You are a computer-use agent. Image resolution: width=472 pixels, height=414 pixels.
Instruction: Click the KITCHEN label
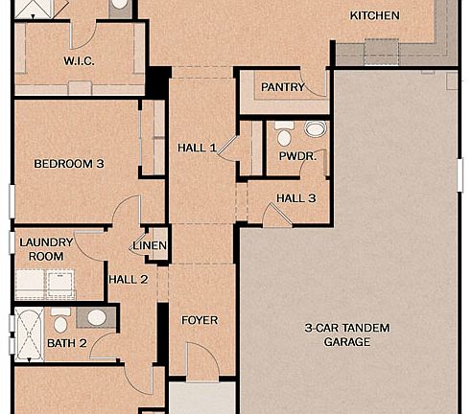pyautogui.click(x=374, y=15)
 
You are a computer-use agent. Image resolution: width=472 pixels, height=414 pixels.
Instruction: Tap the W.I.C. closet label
pyautogui.click(x=79, y=60)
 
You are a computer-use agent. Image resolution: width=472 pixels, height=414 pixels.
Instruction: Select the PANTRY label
pyautogui.click(x=283, y=87)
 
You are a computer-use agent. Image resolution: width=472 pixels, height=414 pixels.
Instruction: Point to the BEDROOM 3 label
pyautogui.click(x=69, y=164)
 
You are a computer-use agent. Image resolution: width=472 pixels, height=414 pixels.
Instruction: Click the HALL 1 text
pyautogui.click(x=197, y=148)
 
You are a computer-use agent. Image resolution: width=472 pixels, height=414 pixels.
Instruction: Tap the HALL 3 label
pyautogui.click(x=295, y=198)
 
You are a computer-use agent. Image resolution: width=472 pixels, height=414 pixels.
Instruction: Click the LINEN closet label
pyautogui.click(x=151, y=246)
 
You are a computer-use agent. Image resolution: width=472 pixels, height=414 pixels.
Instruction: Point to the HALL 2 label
pyautogui.click(x=128, y=279)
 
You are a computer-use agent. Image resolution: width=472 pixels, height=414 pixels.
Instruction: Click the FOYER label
pyautogui.click(x=200, y=320)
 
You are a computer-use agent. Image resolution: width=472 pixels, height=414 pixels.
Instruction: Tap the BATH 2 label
pyautogui.click(x=67, y=342)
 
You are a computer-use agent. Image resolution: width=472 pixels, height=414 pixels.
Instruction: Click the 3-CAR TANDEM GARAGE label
pyautogui.click(x=347, y=334)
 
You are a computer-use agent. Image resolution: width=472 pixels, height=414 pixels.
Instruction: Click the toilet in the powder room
pyautogui.click(x=284, y=134)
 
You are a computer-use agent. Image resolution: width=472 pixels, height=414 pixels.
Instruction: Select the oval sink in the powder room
pyautogui.click(x=315, y=128)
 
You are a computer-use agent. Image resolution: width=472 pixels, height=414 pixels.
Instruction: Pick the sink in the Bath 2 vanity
pyautogui.click(x=97, y=317)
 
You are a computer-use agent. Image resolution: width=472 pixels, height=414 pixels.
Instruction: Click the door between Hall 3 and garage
pyautogui.click(x=277, y=217)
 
